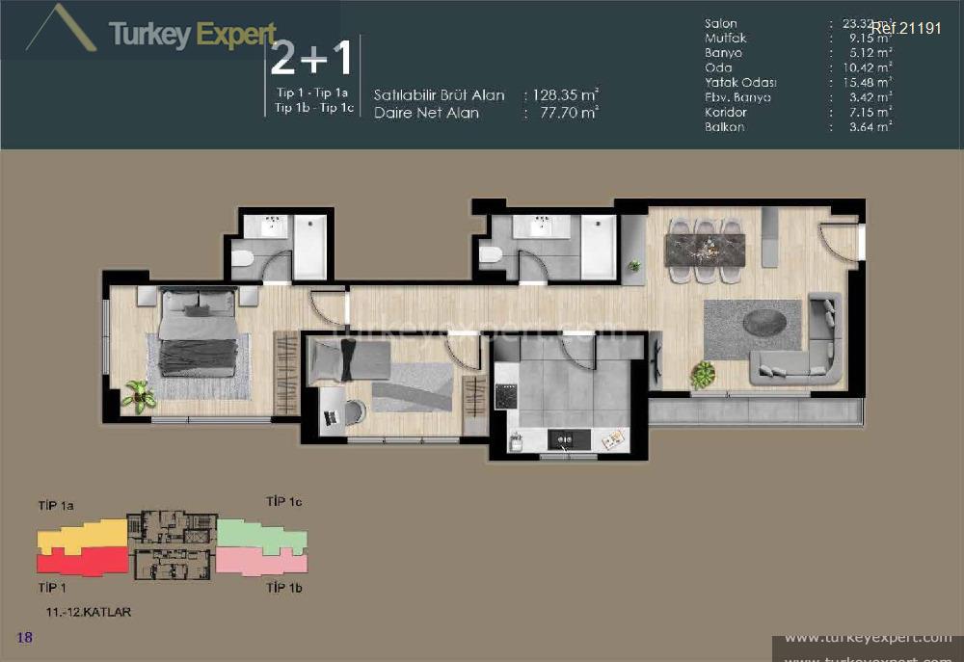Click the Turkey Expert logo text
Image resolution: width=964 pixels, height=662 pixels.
(193, 36)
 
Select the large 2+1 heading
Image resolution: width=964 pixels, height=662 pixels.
(311, 59)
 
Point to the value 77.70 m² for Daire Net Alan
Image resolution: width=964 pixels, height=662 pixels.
(565, 113)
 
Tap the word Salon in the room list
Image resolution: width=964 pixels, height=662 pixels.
(721, 23)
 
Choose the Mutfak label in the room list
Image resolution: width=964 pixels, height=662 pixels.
(725, 38)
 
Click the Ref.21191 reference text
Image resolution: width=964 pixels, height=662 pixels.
(905, 28)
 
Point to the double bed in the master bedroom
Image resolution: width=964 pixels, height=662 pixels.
(198, 332)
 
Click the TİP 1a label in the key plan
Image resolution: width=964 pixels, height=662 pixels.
(57, 504)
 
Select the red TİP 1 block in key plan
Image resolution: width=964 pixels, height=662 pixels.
(82, 560)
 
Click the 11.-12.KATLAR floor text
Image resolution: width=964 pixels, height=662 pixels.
(88, 612)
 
